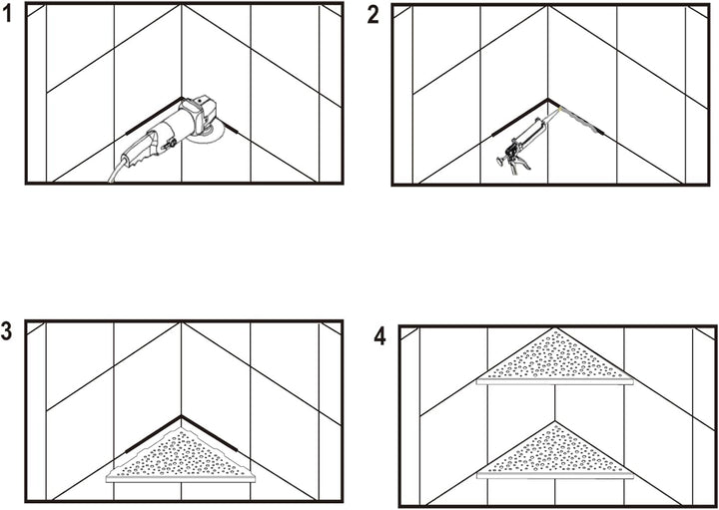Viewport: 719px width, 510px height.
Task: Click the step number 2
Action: (372, 16)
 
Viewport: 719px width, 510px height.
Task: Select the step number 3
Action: (6, 332)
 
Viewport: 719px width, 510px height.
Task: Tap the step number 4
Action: (380, 337)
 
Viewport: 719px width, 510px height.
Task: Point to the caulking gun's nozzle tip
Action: (560, 109)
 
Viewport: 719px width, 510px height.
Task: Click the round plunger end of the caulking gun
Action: (498, 161)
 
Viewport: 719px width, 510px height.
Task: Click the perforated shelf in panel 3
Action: (181, 456)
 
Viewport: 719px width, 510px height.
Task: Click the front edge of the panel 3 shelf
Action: (181, 479)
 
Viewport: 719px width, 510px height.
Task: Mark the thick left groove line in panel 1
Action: (154, 116)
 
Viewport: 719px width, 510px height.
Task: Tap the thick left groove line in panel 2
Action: (519, 118)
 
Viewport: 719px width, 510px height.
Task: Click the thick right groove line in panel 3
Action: (210, 433)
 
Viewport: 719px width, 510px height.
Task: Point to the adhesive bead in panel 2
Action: (582, 121)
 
